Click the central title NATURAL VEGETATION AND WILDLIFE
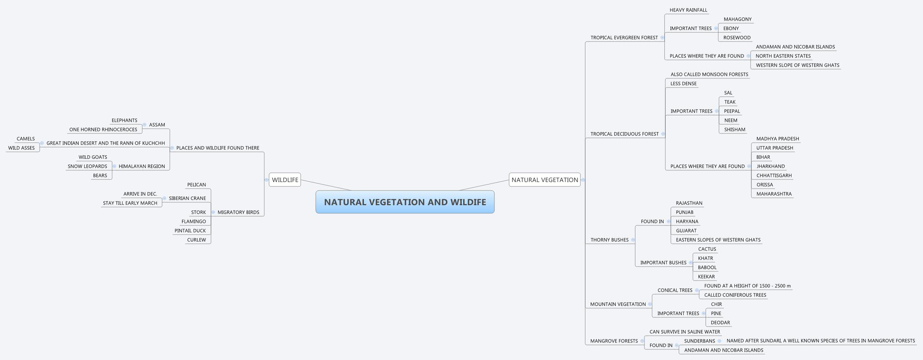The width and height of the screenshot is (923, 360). coord(405,202)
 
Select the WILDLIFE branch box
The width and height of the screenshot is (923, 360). coord(285,180)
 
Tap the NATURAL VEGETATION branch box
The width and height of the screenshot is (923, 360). coord(544,180)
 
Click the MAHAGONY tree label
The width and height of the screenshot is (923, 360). coord(737,19)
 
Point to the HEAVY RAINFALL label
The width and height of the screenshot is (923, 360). coord(688,10)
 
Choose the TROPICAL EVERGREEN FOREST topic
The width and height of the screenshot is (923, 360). coord(624,38)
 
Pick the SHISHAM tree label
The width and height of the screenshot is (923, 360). coord(734,129)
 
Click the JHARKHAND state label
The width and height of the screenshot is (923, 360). coord(770,166)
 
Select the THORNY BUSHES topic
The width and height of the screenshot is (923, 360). coord(609,240)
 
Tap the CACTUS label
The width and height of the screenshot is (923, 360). coord(707,249)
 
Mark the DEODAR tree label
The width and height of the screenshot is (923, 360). coord(720,322)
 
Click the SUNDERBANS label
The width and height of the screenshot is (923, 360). coord(700,341)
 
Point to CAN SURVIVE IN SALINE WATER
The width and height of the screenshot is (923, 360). coord(684,332)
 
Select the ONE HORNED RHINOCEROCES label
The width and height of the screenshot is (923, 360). coord(103,129)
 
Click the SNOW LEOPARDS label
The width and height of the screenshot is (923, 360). coord(87,166)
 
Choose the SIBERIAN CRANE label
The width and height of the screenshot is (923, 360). coord(187,198)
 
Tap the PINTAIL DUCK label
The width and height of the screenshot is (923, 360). coord(190,231)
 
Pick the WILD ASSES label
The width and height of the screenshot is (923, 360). coord(21,148)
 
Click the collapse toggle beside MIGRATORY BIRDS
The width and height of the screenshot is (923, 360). coord(213,212)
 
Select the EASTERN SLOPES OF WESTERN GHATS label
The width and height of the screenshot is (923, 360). coord(718,240)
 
